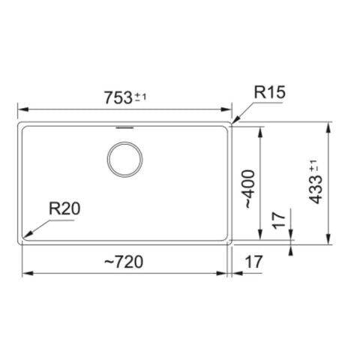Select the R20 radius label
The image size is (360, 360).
click(64, 209)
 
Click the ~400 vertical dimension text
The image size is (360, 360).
click(249, 189)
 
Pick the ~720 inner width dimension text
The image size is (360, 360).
click(123, 262)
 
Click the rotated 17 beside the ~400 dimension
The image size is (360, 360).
click(278, 221)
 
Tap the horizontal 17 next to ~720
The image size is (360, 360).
click(253, 262)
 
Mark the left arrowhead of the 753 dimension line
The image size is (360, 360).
click(21, 109)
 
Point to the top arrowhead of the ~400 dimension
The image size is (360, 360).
click(259, 130)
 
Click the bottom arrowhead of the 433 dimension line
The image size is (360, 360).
click(328, 240)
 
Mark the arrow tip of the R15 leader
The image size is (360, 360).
click(232, 121)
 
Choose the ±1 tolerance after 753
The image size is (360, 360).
click(140, 97)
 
